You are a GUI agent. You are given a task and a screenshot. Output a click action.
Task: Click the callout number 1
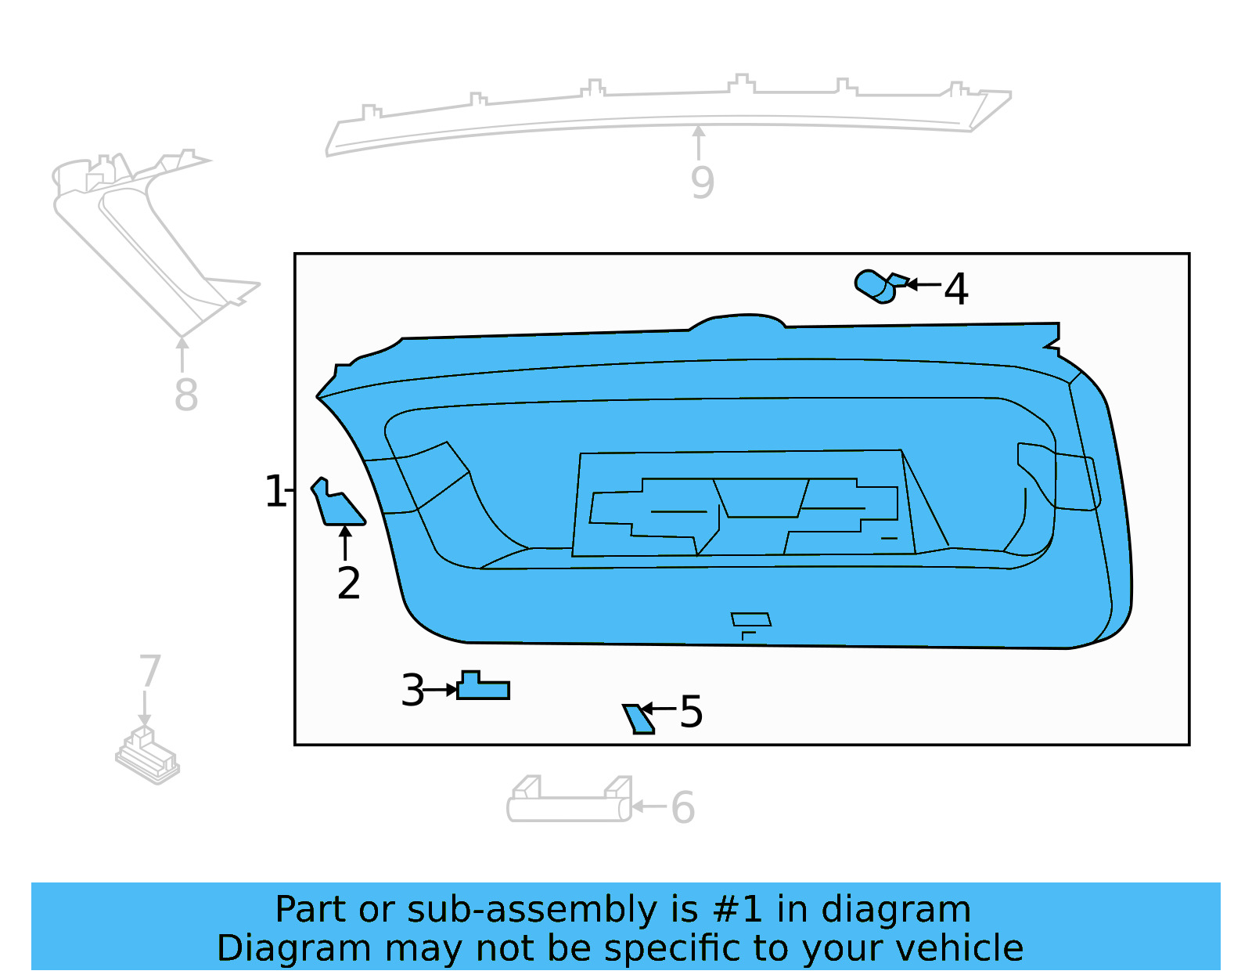click(x=275, y=492)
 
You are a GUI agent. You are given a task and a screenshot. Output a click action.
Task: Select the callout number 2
click(x=348, y=583)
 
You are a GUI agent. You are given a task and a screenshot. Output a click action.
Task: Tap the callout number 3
click(x=412, y=691)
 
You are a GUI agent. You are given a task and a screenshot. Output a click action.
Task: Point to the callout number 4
click(x=955, y=289)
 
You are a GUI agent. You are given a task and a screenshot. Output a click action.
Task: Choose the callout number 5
click(x=691, y=712)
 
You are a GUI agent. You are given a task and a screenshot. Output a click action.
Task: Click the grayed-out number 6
click(x=682, y=807)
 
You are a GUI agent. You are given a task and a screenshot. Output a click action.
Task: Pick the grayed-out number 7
click(x=149, y=671)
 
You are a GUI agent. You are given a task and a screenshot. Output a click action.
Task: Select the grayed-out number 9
click(x=702, y=182)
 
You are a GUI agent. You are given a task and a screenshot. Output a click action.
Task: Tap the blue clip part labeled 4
click(x=878, y=287)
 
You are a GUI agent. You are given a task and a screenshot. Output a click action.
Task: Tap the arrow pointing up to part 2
click(x=345, y=543)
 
